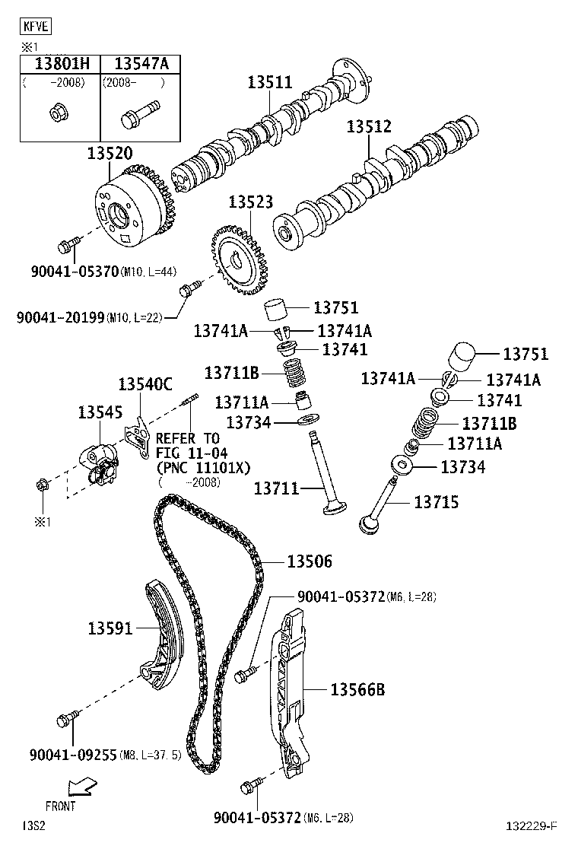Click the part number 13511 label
click(269, 82)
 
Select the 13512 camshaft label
click(370, 126)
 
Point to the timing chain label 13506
click(310, 561)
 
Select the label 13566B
click(357, 690)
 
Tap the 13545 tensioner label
click(100, 412)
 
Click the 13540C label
click(145, 383)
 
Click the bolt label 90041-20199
click(60, 316)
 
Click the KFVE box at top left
click(35, 27)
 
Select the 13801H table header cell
click(60, 64)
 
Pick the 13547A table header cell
click(141, 64)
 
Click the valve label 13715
click(436, 502)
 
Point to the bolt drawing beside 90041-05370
click(68, 244)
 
